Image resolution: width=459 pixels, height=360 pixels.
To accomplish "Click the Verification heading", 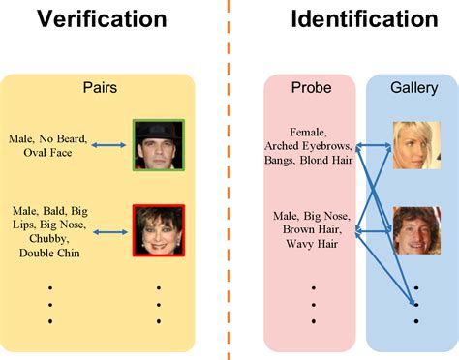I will tap(100, 18).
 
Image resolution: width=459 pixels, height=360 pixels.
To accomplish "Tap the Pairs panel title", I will tap(100, 87).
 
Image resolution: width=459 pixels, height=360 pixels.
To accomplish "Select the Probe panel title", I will tap(311, 87).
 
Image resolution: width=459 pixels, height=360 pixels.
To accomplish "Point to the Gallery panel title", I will tap(413, 87).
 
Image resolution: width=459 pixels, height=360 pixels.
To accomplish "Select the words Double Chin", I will tap(52, 253).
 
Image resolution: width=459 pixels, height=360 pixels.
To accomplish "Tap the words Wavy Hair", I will tap(311, 244).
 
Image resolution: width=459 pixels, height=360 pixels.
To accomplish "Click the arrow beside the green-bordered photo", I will tap(109, 145).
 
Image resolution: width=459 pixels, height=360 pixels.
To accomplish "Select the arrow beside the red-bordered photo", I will tap(109, 230).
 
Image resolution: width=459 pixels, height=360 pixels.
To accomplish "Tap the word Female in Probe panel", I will tap(310, 132).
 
